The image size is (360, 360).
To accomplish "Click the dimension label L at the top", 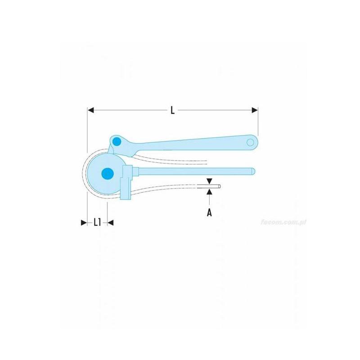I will point(172,110).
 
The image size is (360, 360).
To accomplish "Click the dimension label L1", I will point(97,222).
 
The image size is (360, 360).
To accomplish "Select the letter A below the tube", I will point(209,212).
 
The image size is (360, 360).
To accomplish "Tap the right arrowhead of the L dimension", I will point(255,110).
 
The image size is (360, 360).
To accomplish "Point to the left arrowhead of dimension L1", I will point(83,222).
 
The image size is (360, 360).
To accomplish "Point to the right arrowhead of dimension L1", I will point(111,222).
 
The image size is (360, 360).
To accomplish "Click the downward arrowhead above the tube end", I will point(210,181).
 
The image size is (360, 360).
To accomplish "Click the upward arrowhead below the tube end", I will point(210,192).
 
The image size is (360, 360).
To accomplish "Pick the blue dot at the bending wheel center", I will point(107,172).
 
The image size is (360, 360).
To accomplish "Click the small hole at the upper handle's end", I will point(250,142).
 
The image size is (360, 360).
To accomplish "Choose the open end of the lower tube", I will point(219,186).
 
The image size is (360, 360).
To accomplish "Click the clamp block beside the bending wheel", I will point(127,173).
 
